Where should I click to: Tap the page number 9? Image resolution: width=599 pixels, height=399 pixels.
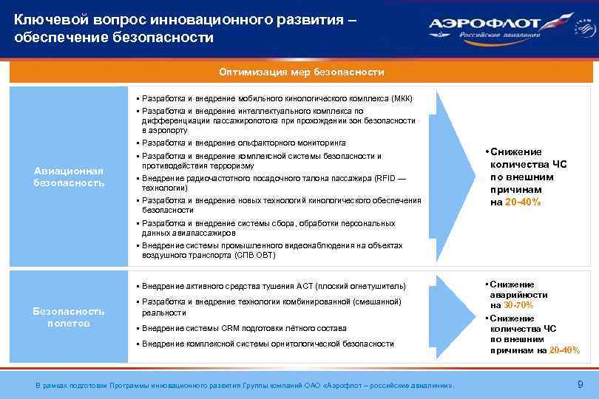click(x=579, y=383)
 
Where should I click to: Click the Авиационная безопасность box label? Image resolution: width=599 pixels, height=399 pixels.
click(x=69, y=177)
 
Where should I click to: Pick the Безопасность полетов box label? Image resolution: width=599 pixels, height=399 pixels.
click(x=69, y=317)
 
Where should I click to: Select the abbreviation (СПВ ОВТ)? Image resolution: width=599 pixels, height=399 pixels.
click(x=254, y=255)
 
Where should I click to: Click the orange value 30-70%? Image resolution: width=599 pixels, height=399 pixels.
click(x=518, y=305)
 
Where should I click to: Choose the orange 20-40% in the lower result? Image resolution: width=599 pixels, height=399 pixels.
click(x=564, y=349)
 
